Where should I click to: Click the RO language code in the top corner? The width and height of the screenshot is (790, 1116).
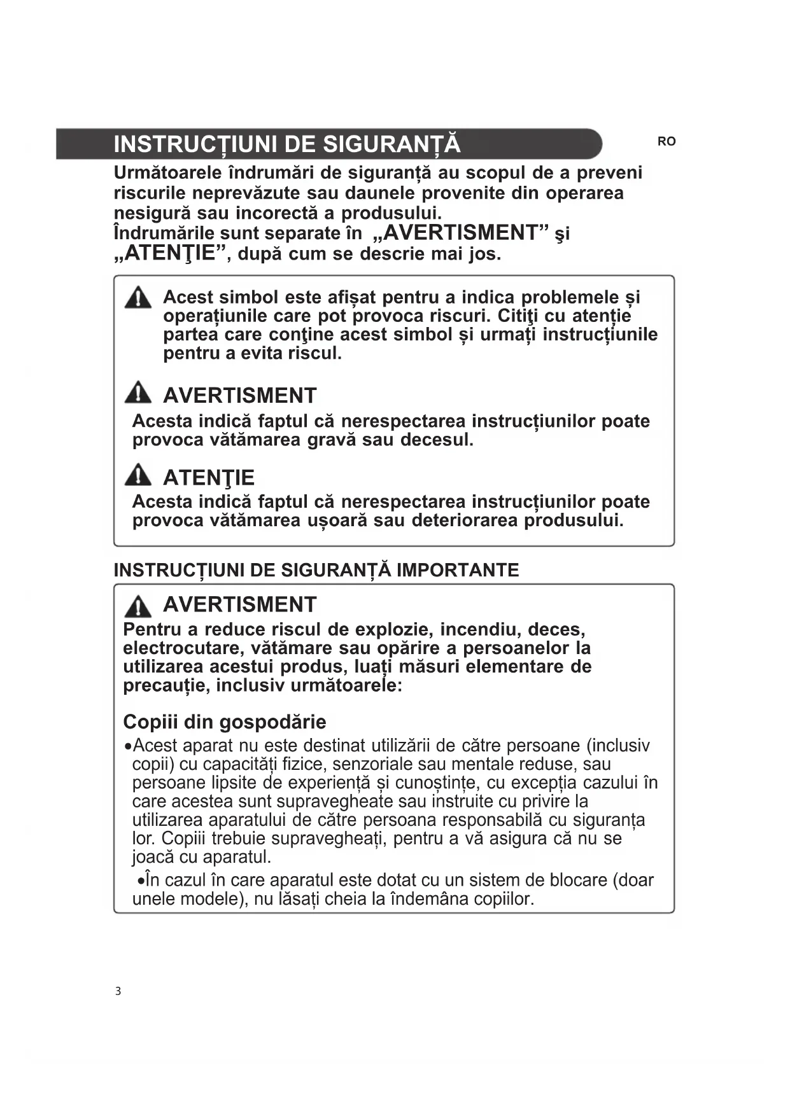[x=666, y=141]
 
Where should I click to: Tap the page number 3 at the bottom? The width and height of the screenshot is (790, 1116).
[x=118, y=991]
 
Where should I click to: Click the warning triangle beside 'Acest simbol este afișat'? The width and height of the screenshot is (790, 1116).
[x=138, y=298]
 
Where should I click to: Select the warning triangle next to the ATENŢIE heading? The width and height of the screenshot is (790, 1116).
[x=138, y=475]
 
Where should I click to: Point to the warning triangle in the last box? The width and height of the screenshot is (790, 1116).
[x=138, y=606]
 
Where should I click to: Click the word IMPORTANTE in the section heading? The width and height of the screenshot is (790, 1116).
[x=458, y=569]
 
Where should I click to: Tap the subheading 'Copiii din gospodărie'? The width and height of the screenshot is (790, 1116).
[x=224, y=722]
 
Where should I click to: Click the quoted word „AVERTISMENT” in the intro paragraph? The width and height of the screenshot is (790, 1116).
[x=461, y=232]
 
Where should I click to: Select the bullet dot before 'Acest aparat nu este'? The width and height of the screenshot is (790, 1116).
[x=129, y=746]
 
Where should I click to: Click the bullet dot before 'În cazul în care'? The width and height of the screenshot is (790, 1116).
[x=141, y=881]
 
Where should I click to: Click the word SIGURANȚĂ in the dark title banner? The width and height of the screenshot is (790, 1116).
[x=391, y=144]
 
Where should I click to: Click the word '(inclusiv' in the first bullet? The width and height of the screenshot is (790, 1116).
[x=617, y=745]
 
